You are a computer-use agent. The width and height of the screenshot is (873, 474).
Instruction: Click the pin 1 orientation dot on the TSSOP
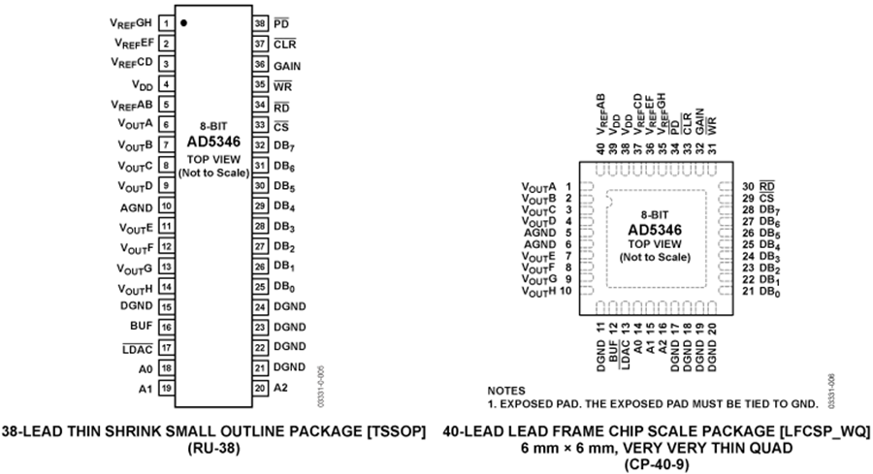point(183,21)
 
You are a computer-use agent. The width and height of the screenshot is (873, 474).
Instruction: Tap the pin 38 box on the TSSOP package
point(259,21)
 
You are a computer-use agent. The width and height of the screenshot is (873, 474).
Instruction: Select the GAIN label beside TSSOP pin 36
point(287,66)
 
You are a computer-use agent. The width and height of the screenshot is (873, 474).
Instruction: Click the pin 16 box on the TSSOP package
point(167,327)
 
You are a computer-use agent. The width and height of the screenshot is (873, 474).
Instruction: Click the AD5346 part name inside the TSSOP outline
point(213,142)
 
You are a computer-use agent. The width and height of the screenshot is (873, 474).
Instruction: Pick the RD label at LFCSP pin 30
point(768,186)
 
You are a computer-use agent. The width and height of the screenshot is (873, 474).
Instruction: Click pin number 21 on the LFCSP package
point(748,291)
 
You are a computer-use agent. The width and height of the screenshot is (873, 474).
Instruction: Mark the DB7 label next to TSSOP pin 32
point(284,145)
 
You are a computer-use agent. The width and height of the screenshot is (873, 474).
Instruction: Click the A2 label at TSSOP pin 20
point(280,388)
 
